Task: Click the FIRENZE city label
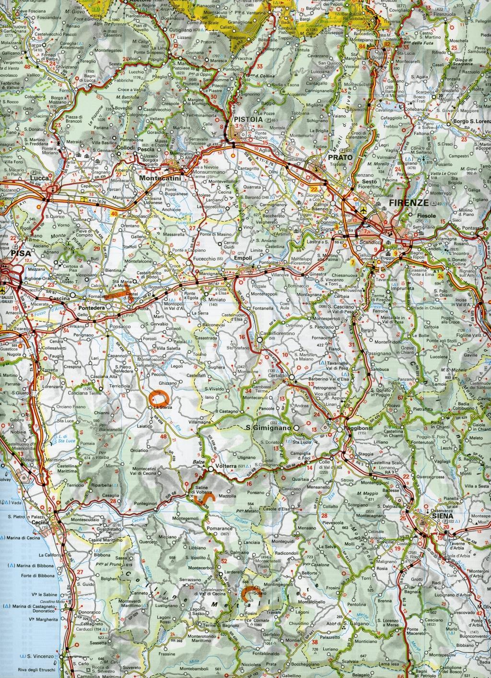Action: pos(409,202)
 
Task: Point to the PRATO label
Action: pos(340,157)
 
